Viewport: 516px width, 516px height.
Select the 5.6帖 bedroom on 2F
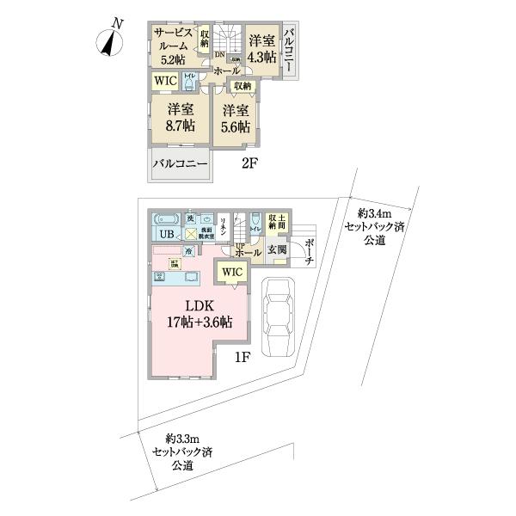(x=235, y=119)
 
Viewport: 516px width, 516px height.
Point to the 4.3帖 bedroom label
(x=261, y=48)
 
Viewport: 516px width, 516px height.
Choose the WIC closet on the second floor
(x=165, y=81)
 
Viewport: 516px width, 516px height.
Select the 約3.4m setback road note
(x=375, y=227)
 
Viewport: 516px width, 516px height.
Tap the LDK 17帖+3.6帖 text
(x=197, y=315)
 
